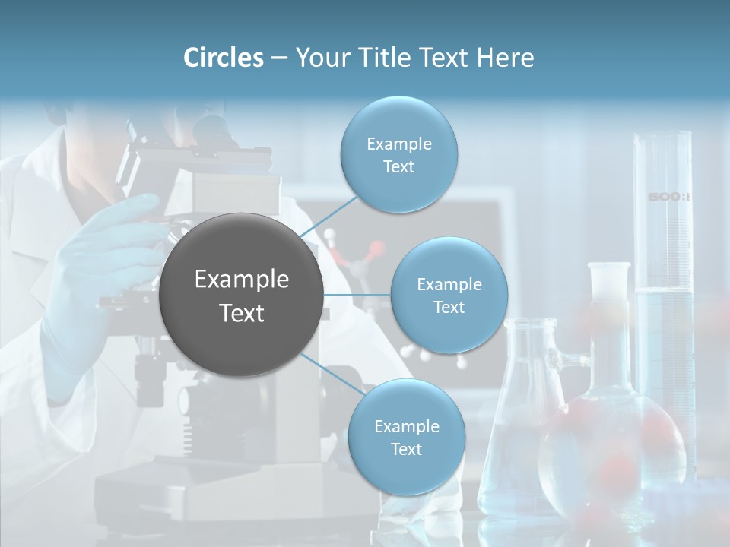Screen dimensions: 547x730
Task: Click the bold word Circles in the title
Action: click(224, 58)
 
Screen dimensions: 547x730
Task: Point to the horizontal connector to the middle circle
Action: click(357, 295)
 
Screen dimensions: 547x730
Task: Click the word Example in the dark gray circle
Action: click(242, 280)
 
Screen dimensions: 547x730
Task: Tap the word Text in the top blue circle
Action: click(398, 167)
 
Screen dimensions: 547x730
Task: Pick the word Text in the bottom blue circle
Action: click(406, 449)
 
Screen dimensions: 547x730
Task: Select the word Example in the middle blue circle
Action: click(449, 285)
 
